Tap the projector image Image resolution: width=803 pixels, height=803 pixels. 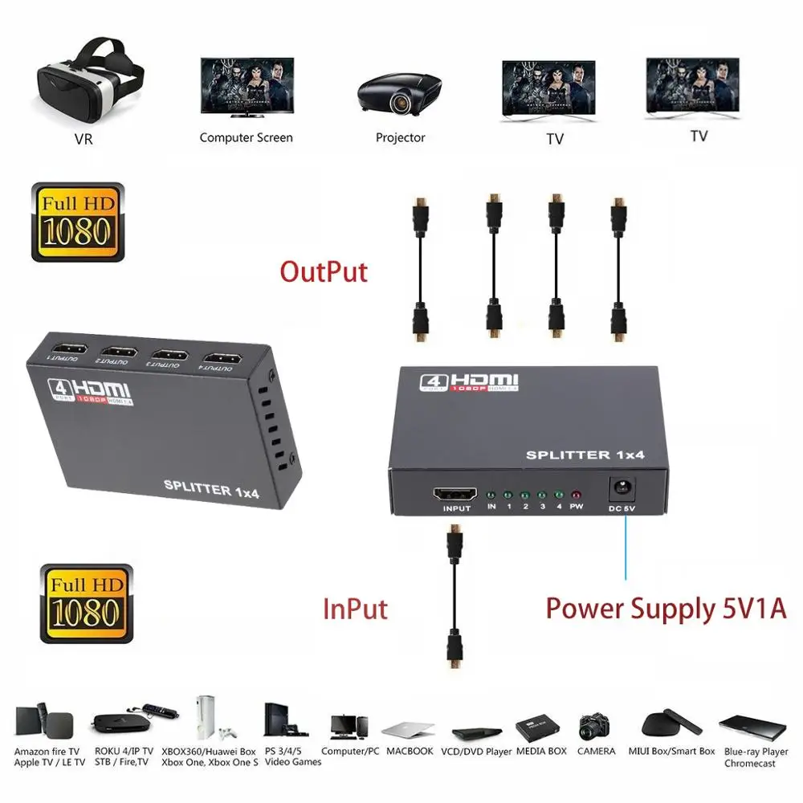pyautogui.click(x=399, y=90)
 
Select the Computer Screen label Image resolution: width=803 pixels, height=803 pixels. pyautogui.click(x=246, y=137)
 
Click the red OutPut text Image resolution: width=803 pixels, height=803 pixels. pyautogui.click(x=324, y=271)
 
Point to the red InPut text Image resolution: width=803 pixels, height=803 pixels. pyautogui.click(x=355, y=609)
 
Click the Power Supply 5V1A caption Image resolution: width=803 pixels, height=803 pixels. pyautogui.click(x=666, y=609)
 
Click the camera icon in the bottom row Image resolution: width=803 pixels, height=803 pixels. pyautogui.click(x=595, y=726)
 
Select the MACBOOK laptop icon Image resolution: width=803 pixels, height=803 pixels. pyautogui.click(x=408, y=730)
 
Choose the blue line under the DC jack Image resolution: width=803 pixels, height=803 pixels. pyautogui.click(x=626, y=546)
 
